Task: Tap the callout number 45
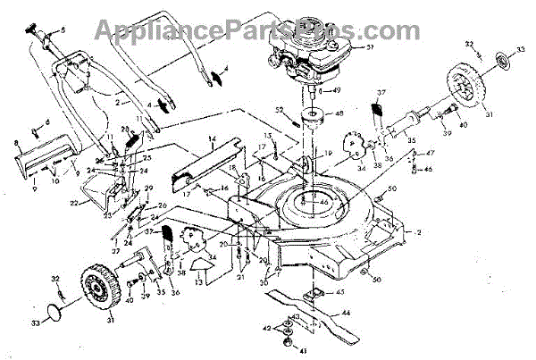339,291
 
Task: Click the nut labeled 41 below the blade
287,343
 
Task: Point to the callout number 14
214,138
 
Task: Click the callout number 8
16,142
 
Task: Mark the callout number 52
278,110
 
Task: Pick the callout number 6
46,121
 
